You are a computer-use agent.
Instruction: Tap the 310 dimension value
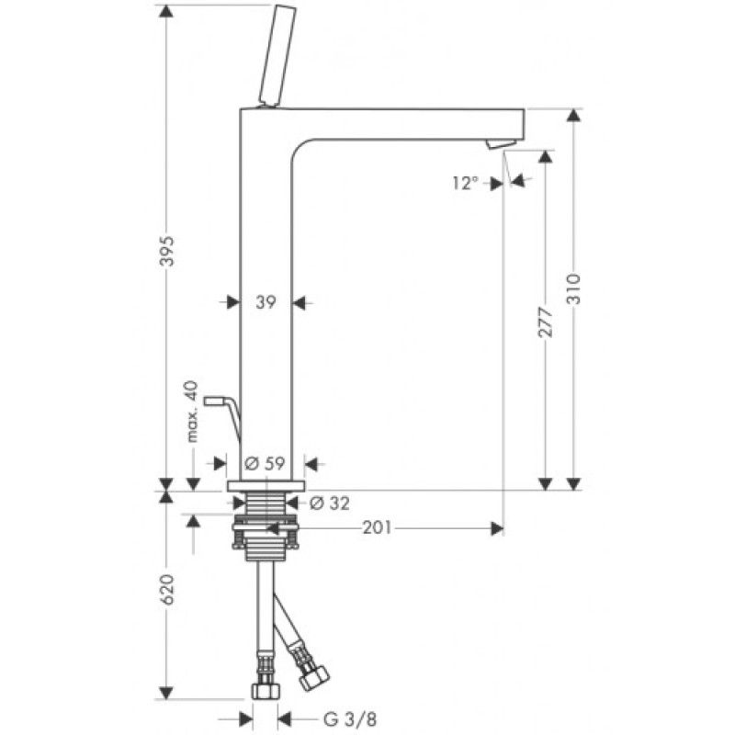573,292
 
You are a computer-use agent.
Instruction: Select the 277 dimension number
545,324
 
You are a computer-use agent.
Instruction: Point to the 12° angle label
465,183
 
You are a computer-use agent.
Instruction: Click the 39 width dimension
266,302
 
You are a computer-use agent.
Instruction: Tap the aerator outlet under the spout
497,144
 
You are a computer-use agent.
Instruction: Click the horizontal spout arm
413,122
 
